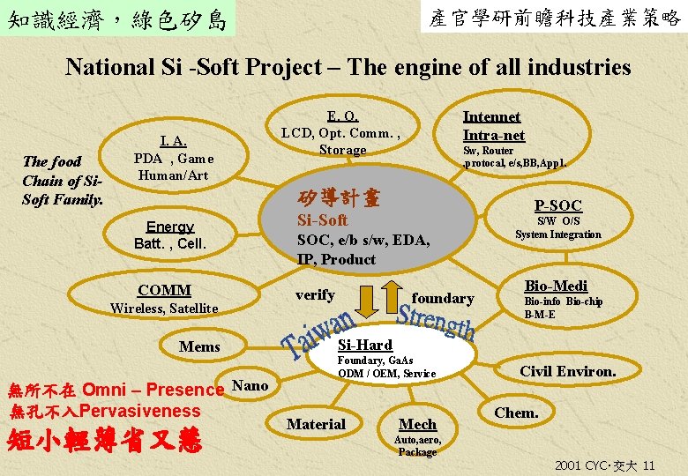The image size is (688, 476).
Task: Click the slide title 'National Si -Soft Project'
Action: coord(348,67)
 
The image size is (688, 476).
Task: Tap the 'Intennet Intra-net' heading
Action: coord(493,125)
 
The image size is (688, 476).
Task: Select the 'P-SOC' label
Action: coord(557,205)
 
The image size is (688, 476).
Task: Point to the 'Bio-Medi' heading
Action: coord(556,286)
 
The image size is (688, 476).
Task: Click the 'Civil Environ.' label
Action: coord(567,371)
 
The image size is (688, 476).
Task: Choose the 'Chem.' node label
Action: coord(516,413)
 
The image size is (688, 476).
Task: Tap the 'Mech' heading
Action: coord(417,424)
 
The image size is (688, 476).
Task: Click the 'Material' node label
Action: coord(316,424)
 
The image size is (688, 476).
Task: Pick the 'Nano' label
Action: coord(250,384)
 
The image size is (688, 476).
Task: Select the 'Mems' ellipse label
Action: coord(199,346)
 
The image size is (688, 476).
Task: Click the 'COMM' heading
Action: coord(164,290)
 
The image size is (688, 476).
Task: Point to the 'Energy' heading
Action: coord(170,227)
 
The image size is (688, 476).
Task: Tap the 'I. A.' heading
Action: coord(173,141)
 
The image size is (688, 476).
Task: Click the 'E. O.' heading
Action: coord(342,115)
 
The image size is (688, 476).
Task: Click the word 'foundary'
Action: coord(442,299)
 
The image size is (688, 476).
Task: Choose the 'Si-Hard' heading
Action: coord(365,344)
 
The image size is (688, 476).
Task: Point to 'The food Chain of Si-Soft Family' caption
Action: coord(63,180)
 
